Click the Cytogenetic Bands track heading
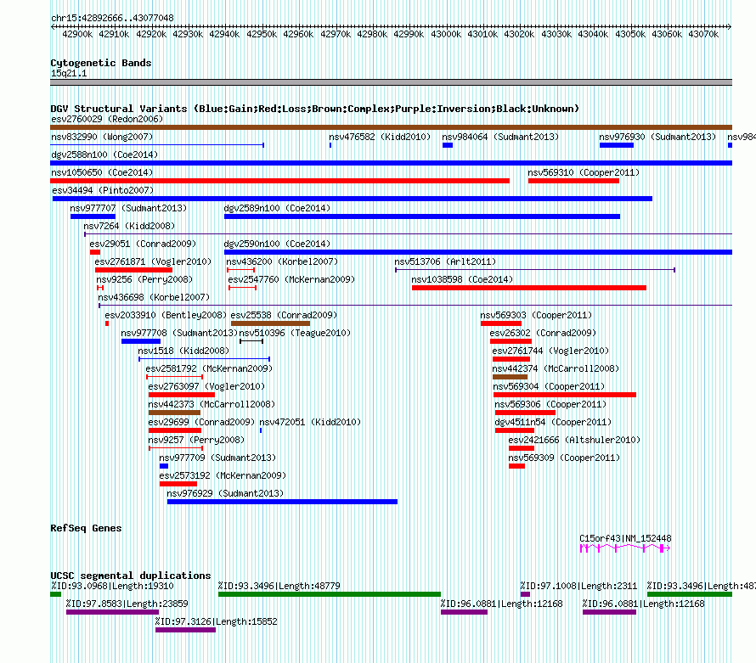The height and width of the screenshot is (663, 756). (x=101, y=63)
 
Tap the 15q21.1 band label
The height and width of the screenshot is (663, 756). (x=69, y=73)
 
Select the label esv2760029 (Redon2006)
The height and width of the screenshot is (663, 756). (x=107, y=119)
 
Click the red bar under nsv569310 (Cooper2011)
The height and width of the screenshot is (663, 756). (x=573, y=181)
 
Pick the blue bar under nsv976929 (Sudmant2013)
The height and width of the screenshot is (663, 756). (x=282, y=502)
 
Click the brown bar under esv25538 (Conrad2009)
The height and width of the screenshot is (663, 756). (x=270, y=323)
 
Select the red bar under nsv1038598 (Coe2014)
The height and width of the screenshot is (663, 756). (x=528, y=288)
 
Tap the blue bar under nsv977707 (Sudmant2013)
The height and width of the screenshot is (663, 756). (x=93, y=216)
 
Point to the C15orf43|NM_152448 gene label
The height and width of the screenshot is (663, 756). (x=625, y=537)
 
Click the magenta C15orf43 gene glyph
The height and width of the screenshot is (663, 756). (x=625, y=548)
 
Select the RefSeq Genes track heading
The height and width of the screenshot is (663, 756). (x=86, y=528)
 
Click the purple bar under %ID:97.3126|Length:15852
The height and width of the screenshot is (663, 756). (x=185, y=630)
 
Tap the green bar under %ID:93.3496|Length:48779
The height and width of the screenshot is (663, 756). (x=330, y=594)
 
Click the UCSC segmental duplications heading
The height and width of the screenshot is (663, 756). (x=131, y=576)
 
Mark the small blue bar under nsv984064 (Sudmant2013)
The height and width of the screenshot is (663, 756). (x=448, y=145)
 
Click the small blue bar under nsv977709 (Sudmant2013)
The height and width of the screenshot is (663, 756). (x=164, y=466)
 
